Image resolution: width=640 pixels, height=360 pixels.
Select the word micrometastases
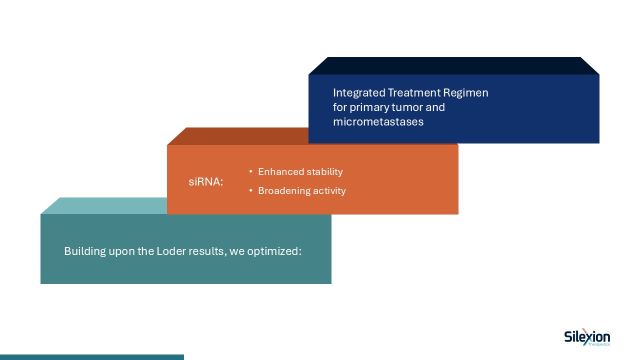tap(378, 121)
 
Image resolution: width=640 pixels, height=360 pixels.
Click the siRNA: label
tap(205, 182)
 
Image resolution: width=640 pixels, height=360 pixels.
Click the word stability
tap(324, 172)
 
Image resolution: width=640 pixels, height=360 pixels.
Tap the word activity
tap(329, 191)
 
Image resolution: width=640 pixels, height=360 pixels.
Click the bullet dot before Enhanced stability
tap(250, 172)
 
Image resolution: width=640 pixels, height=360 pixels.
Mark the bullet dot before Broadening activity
tap(250, 190)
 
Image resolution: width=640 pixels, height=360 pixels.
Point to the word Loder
tap(171, 251)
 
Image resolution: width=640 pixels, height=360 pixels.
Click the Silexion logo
tap(587, 337)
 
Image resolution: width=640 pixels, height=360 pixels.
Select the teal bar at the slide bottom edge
tap(92, 357)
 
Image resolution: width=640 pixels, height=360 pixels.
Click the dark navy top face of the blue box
tap(453, 65)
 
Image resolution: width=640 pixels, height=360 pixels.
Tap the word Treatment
tap(411, 93)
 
